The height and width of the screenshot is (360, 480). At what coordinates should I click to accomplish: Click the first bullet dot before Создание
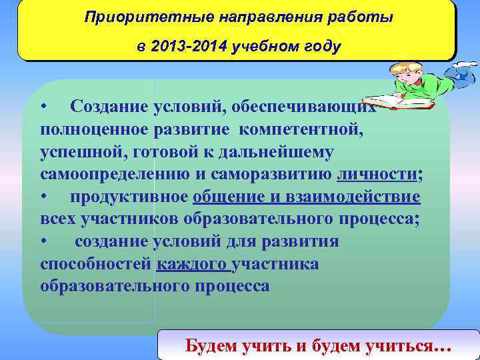click(x=43, y=107)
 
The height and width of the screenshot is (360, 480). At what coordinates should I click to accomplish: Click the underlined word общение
click(x=223, y=197)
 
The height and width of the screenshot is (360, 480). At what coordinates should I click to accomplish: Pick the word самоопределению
click(x=113, y=175)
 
